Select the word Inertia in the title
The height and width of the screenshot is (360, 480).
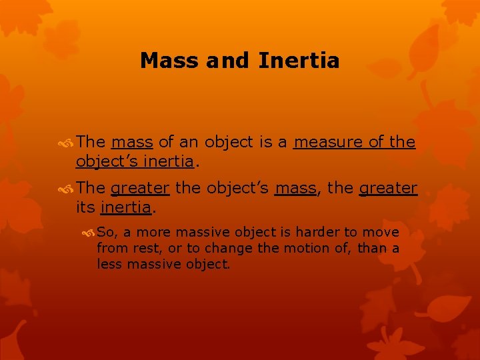[x=299, y=61]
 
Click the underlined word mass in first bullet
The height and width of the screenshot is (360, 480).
[x=133, y=142]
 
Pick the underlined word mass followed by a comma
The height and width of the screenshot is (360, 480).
[x=295, y=189]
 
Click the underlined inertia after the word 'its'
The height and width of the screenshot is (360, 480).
[x=125, y=207]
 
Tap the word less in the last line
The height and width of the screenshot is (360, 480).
[x=109, y=264]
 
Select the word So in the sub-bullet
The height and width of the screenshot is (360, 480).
[x=105, y=232]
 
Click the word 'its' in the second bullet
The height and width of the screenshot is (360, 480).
[x=85, y=207]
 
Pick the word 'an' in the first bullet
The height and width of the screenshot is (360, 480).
[x=189, y=142]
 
